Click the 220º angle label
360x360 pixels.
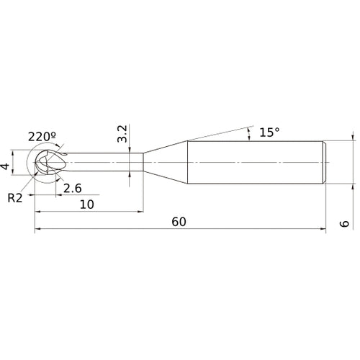click(42, 137)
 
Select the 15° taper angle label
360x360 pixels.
click(269, 132)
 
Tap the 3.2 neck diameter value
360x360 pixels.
click(122, 134)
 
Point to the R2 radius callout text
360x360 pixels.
click(15, 198)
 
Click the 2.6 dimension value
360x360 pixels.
click(73, 189)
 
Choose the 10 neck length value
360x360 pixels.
click(87, 204)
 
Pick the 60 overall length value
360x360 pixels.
click(179, 222)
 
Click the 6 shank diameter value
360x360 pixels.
click(344, 223)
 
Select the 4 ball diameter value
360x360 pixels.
click(5, 166)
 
